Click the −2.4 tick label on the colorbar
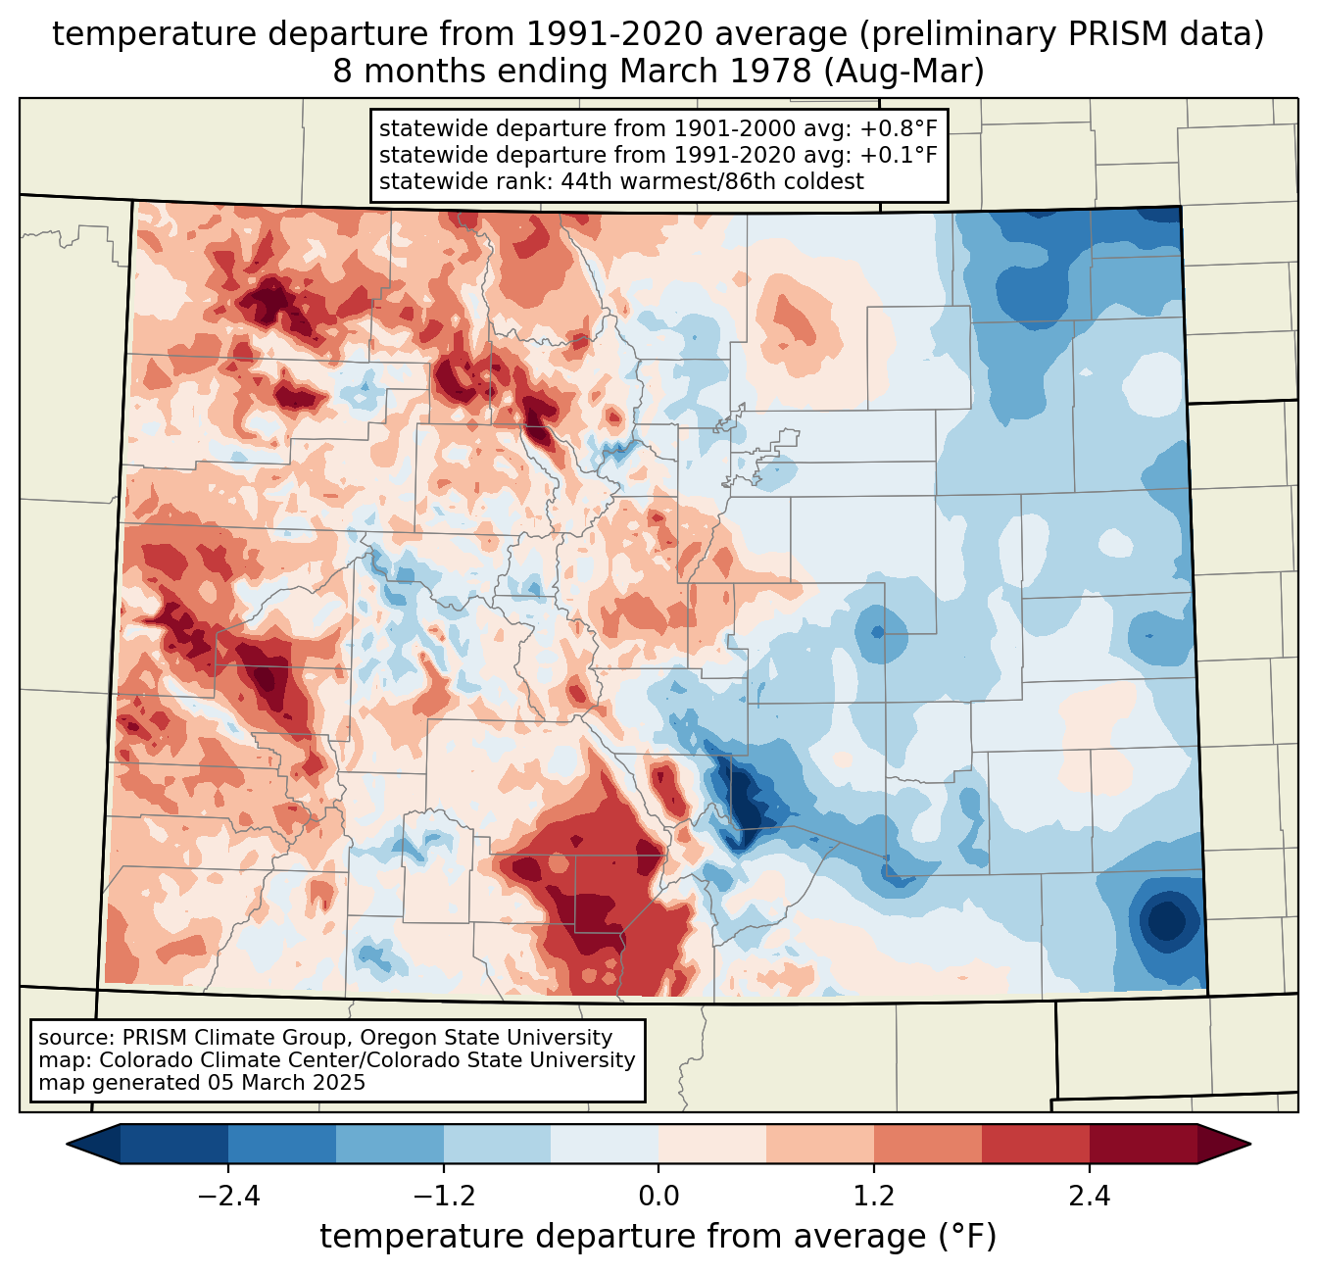pos(228,1197)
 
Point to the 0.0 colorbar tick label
pos(658,1197)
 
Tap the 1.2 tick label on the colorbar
pos(874,1197)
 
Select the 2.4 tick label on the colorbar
pos(1089,1197)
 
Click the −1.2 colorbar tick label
pos(444,1197)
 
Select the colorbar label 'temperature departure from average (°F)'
pos(658,1237)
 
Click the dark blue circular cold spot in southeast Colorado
pos(1166,920)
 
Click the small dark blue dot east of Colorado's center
pos(877,632)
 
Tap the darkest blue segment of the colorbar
pos(174,1144)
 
